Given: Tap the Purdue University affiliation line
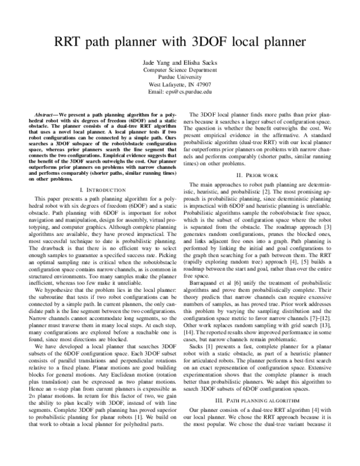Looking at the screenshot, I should point(180,77).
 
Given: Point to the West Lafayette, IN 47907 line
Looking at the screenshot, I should point(180,84).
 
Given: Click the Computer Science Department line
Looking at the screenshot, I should point(180,70).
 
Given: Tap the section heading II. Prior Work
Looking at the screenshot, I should point(264,175).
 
